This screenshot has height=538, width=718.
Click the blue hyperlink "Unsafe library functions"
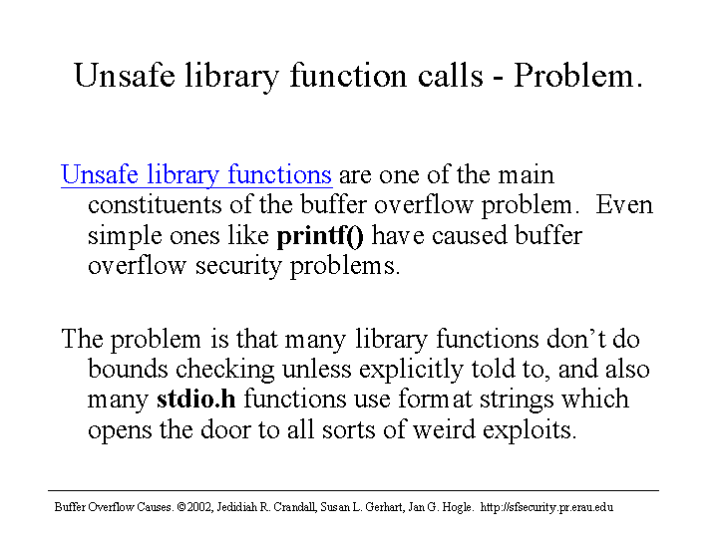coord(196,175)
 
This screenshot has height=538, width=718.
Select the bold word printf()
coord(320,236)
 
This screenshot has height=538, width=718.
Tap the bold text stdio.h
coord(196,399)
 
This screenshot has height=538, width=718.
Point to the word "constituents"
coord(155,205)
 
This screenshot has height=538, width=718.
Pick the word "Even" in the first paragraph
coord(624,204)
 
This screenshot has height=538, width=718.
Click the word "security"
coord(238,267)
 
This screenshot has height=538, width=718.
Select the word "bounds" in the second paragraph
coord(128,369)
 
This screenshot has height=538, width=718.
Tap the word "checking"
coord(224,370)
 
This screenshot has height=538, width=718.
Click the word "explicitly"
coord(411,370)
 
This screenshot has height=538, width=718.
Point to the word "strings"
coord(517,400)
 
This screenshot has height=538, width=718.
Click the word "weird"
coord(444,429)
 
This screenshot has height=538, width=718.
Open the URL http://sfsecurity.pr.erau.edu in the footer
coord(546,507)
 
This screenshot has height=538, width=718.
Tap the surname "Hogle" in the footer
coord(458,507)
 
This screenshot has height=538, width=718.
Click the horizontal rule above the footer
coord(353,491)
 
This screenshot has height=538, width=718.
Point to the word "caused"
coord(470,236)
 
